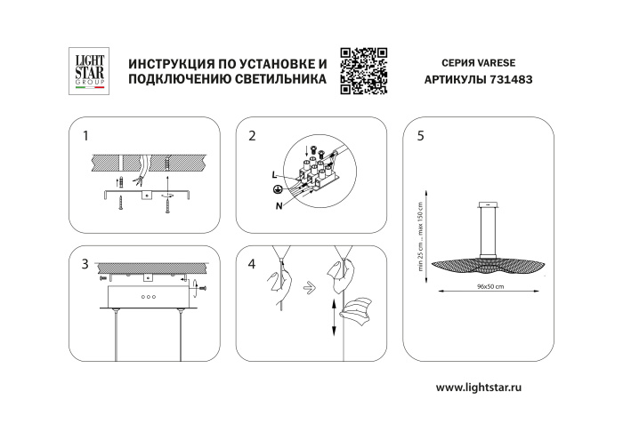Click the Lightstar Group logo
point(88,70)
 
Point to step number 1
point(85,137)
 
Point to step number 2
point(253,137)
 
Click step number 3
point(85,265)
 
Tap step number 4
point(253,265)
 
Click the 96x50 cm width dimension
point(489,287)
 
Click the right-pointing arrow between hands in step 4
point(307,287)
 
